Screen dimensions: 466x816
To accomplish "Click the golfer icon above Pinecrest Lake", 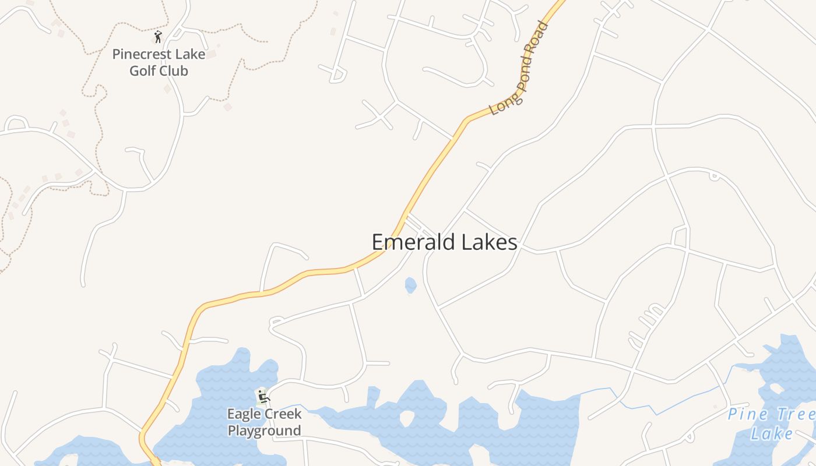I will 158,37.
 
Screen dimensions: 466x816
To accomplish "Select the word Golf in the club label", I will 142,71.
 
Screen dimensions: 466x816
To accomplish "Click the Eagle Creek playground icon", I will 263,398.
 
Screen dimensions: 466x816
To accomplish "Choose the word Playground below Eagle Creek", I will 264,431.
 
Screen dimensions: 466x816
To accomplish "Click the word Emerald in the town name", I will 411,242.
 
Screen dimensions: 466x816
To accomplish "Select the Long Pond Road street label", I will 519,69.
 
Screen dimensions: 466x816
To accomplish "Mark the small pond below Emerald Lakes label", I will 411,285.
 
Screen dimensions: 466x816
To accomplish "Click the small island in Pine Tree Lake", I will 776,388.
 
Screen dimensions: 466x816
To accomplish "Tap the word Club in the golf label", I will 175,71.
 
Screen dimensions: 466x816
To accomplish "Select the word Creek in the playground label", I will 282,414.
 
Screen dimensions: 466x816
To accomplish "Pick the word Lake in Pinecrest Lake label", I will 190,54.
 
